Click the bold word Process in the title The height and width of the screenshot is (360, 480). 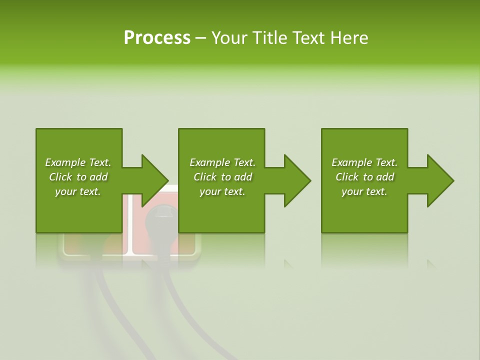tap(157, 38)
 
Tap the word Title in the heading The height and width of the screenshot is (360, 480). tap(270, 38)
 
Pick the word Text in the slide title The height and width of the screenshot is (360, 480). tap(309, 38)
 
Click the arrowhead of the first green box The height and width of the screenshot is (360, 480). tap(152, 180)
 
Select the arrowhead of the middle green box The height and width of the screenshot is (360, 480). tap(295, 180)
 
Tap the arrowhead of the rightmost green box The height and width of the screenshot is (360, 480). tap(438, 180)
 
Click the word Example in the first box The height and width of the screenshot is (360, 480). tap(65, 162)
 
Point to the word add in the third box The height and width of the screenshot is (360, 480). tap(385, 177)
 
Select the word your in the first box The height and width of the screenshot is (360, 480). tap(65, 191)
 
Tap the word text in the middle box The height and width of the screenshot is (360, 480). tap(234, 191)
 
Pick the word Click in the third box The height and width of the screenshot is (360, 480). tap(347, 177)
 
